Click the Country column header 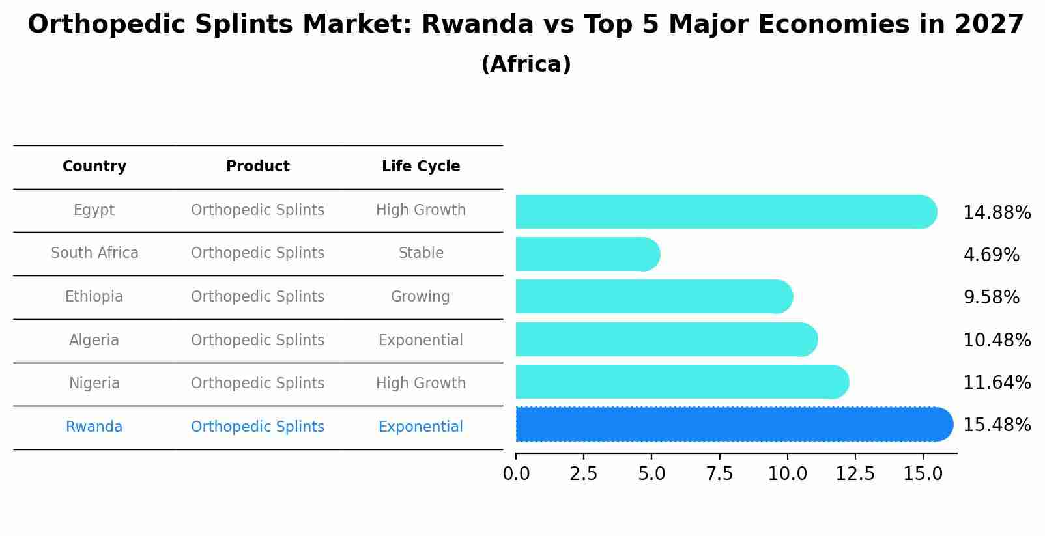pyautogui.click(x=94, y=167)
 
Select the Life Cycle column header pyautogui.click(x=421, y=167)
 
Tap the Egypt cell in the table pyautogui.click(x=94, y=210)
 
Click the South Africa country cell pyautogui.click(x=94, y=253)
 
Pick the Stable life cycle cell pyautogui.click(x=421, y=253)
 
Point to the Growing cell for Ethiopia pyautogui.click(x=420, y=297)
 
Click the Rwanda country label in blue pyautogui.click(x=94, y=427)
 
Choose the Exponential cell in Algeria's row pyautogui.click(x=420, y=341)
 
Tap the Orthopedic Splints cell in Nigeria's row pyautogui.click(x=257, y=384)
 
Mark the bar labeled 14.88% pyautogui.click(x=723, y=212)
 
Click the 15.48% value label pyautogui.click(x=997, y=425)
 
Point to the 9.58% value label pyautogui.click(x=991, y=298)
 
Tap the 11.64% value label pyautogui.click(x=997, y=383)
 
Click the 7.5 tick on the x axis pyautogui.click(x=719, y=474)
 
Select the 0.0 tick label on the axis pyautogui.click(x=516, y=474)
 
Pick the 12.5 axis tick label pyautogui.click(x=855, y=474)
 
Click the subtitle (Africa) pyautogui.click(x=526, y=64)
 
